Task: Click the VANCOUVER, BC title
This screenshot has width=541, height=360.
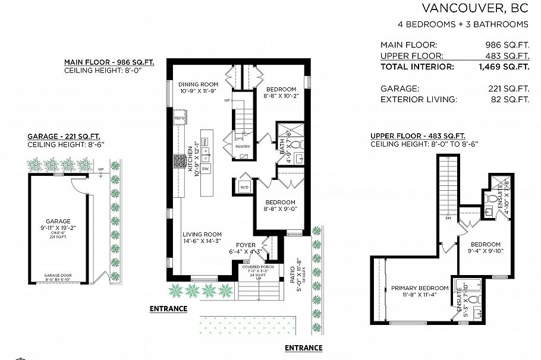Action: pos(474,8)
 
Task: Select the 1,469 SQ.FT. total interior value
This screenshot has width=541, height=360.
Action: pos(504,67)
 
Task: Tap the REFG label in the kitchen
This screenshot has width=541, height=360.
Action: pos(180,118)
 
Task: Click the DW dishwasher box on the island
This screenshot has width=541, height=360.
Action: pos(206,169)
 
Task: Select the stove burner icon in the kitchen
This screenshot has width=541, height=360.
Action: pos(179,161)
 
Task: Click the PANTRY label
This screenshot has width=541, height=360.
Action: pos(242,146)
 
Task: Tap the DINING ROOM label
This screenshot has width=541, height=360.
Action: pos(199,84)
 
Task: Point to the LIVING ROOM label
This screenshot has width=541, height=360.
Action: pos(202,234)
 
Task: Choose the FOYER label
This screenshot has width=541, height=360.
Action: pos(246,245)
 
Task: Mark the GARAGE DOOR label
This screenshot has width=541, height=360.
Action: pos(58,275)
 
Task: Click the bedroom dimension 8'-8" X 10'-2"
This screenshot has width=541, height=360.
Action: pos(280,97)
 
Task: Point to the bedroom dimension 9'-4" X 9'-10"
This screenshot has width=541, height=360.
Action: pos(486,252)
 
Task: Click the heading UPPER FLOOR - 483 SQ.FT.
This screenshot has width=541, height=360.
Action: pos(417,135)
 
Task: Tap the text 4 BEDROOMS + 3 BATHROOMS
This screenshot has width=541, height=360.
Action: pos(463,24)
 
